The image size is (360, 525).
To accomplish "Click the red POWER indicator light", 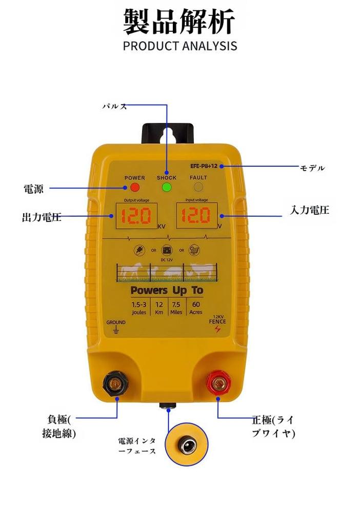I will tap(135, 187).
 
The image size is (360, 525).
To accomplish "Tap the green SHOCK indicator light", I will tap(166, 187).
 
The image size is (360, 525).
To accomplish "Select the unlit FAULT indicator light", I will tap(198, 187).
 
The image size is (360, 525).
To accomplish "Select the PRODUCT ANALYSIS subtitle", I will tap(180, 46).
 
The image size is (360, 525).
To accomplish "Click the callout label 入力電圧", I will tap(309, 210).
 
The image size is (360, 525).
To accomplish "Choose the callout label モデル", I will tap(312, 168).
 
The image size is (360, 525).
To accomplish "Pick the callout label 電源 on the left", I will tap(34, 189).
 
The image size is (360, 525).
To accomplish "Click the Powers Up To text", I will tap(167, 290).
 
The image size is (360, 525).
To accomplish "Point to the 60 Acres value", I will tap(196, 308).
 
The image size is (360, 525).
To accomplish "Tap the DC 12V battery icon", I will tap(167, 251).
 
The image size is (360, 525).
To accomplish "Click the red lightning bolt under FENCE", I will tap(217, 329).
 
